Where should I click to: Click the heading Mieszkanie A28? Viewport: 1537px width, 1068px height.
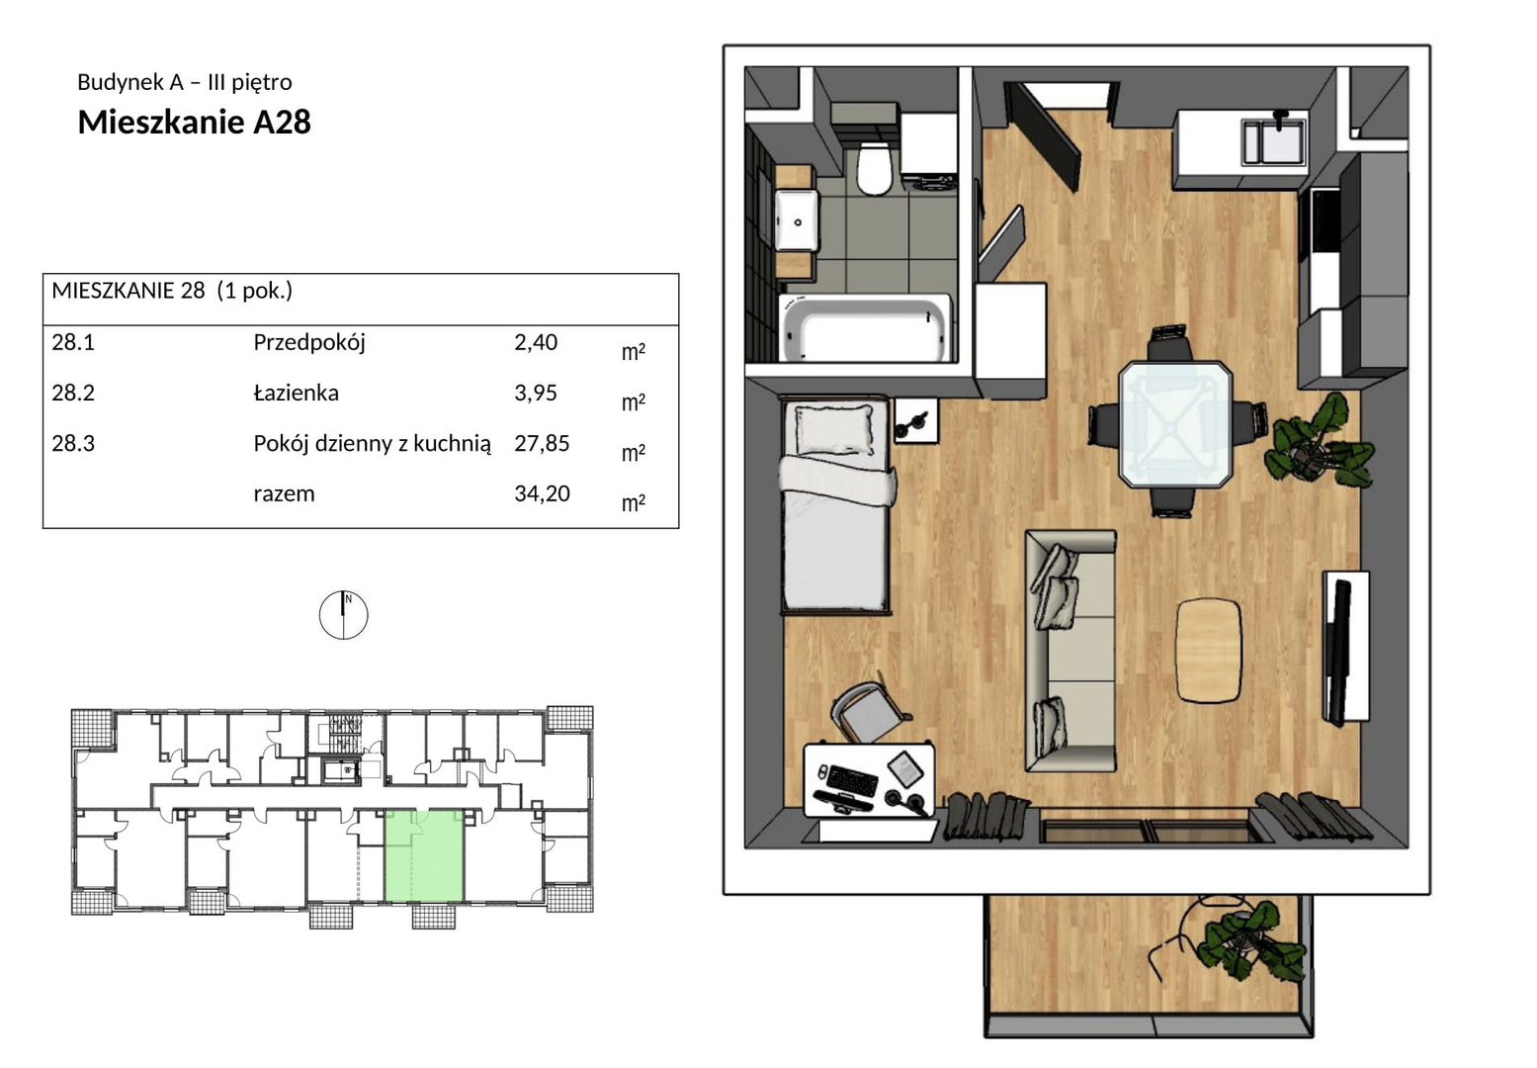click(194, 123)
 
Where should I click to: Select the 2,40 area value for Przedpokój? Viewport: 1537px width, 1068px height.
click(536, 342)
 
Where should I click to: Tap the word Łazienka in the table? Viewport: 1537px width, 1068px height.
click(296, 393)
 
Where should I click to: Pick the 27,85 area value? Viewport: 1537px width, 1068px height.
click(542, 443)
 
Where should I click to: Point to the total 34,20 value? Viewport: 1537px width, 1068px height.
click(542, 493)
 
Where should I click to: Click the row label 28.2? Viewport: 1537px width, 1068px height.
click(73, 393)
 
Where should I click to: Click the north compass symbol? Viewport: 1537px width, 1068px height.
click(343, 614)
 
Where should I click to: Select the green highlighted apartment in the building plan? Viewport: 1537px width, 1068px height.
click(424, 855)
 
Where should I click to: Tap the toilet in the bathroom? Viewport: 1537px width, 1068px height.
click(874, 167)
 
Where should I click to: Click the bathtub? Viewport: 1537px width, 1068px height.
click(866, 329)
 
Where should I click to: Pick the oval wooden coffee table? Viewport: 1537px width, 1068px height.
click(1209, 651)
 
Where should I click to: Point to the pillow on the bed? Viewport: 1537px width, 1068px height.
click(834, 428)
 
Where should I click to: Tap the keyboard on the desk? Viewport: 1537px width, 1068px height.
click(852, 780)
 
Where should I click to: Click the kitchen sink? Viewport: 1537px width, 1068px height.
click(1273, 142)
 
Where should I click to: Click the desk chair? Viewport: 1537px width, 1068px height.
click(867, 714)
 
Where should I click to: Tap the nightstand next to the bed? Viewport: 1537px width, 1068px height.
click(915, 421)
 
